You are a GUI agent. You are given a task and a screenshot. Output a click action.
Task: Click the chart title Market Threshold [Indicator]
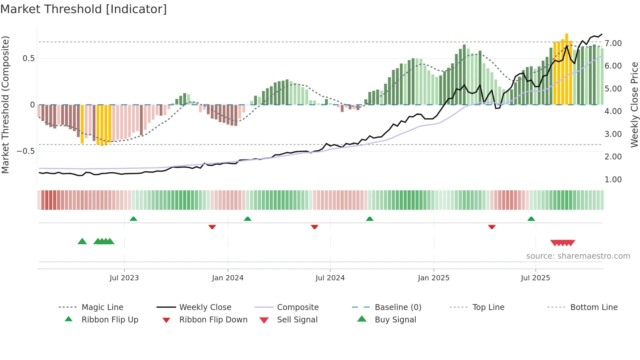tap(84, 9)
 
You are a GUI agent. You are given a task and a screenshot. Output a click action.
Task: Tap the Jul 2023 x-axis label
tap(124, 278)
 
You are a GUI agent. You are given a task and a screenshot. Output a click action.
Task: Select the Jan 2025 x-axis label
tap(433, 278)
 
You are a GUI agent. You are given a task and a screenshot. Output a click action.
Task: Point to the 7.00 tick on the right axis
tap(613, 43)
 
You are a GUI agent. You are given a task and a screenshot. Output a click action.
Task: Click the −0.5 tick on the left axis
tap(25, 151)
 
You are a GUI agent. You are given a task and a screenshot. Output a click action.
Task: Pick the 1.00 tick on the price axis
tap(613, 180)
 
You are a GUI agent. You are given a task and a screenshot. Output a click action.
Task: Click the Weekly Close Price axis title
tap(634, 105)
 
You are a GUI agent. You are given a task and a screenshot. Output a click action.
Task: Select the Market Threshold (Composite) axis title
tap(5, 105)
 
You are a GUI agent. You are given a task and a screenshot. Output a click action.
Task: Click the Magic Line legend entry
tap(102, 307)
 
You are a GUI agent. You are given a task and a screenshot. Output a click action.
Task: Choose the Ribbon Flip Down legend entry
tap(213, 320)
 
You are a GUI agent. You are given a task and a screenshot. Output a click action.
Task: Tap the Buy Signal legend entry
tap(395, 320)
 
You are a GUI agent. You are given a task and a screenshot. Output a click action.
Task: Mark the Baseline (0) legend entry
tap(398, 307)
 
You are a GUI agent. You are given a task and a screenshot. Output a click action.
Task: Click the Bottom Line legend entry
tap(594, 307)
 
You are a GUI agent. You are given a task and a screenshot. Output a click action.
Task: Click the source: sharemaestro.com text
tap(578, 256)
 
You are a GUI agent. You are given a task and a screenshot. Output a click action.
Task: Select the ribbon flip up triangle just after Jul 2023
tap(133, 219)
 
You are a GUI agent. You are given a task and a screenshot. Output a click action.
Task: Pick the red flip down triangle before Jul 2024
tap(314, 227)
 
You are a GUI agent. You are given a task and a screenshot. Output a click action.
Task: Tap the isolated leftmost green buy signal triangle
tap(82, 241)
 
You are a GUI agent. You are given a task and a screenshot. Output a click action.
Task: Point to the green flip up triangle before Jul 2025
tap(531, 219)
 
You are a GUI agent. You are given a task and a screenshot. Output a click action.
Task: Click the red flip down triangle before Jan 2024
tap(212, 227)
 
